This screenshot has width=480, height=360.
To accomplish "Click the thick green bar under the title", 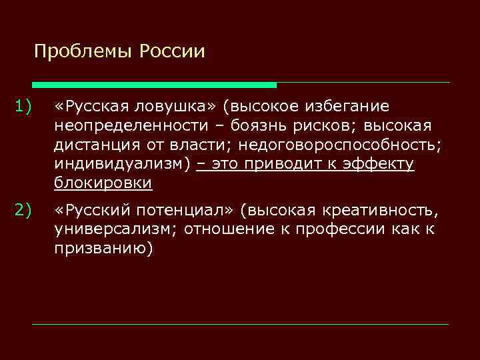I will pos(154,85).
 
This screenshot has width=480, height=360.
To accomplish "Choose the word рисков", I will pos(323,125).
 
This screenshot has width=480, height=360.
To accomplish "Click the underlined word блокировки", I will pos(103,183).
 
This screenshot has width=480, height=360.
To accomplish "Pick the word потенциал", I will pos(185,211).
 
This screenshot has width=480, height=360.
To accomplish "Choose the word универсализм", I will pos(116,230).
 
